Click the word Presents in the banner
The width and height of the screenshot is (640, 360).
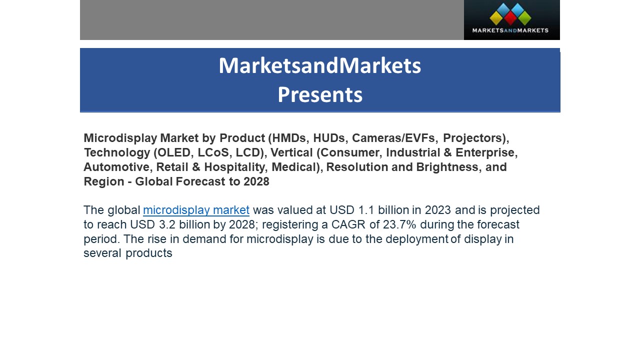(x=320, y=94)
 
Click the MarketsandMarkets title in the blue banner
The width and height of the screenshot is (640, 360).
(x=320, y=65)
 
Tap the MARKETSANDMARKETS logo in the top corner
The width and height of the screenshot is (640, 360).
(x=511, y=20)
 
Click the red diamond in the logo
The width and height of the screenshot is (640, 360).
(x=510, y=18)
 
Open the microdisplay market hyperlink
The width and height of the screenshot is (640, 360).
(x=196, y=210)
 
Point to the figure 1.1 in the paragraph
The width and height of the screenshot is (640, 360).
(x=366, y=210)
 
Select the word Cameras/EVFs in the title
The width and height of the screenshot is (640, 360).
(x=393, y=138)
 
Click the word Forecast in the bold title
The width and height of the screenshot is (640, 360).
(x=200, y=181)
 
